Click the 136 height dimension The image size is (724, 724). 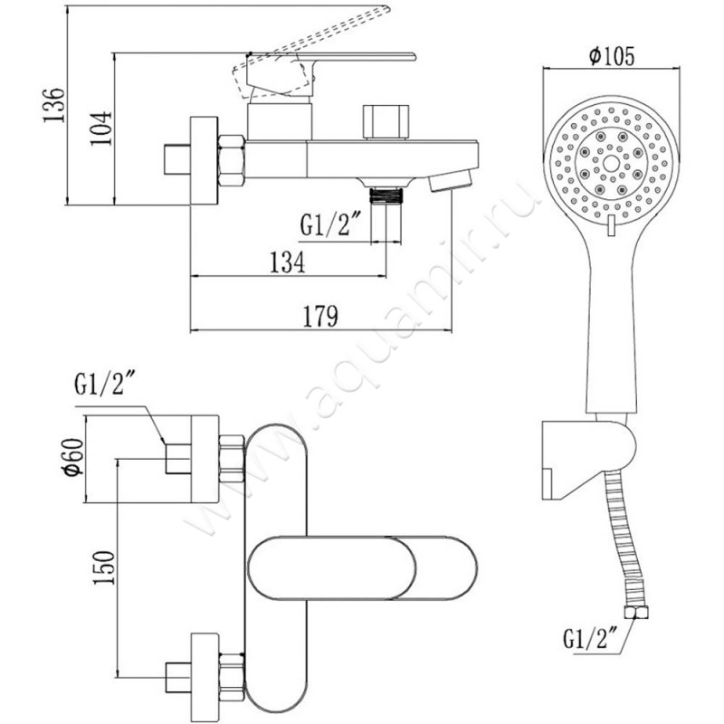56,106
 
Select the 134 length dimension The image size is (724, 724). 288,262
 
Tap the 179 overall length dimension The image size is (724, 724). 321,317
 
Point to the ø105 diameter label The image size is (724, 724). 609,56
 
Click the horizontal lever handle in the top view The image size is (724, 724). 362,569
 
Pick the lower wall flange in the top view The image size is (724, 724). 205,670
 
